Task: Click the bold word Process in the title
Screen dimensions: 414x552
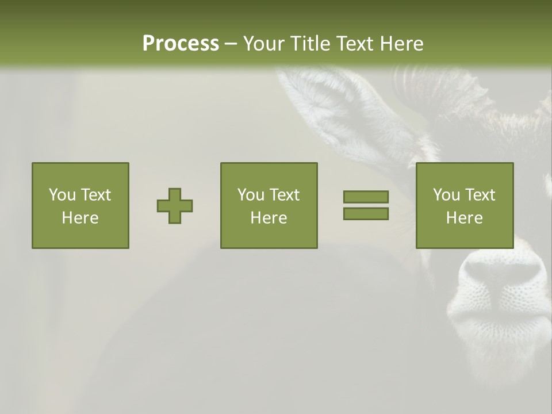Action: [x=181, y=44]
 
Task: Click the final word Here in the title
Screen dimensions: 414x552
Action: [x=400, y=44]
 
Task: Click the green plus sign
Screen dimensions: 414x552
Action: [x=175, y=206]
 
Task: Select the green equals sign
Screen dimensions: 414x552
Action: [x=366, y=205]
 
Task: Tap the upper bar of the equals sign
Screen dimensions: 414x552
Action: [x=366, y=197]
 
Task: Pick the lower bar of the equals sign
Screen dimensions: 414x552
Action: [x=366, y=213]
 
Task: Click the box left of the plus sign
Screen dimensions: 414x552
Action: [x=80, y=205]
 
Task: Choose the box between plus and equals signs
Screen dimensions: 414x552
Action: [x=269, y=205]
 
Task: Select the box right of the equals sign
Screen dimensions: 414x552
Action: [x=464, y=205]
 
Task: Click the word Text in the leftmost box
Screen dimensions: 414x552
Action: [x=95, y=195]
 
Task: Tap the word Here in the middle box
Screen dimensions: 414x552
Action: [x=269, y=218]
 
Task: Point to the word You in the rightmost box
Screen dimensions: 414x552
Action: [x=446, y=195]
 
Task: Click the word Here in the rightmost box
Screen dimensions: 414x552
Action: [x=464, y=218]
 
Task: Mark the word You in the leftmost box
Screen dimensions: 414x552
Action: [x=62, y=195]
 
